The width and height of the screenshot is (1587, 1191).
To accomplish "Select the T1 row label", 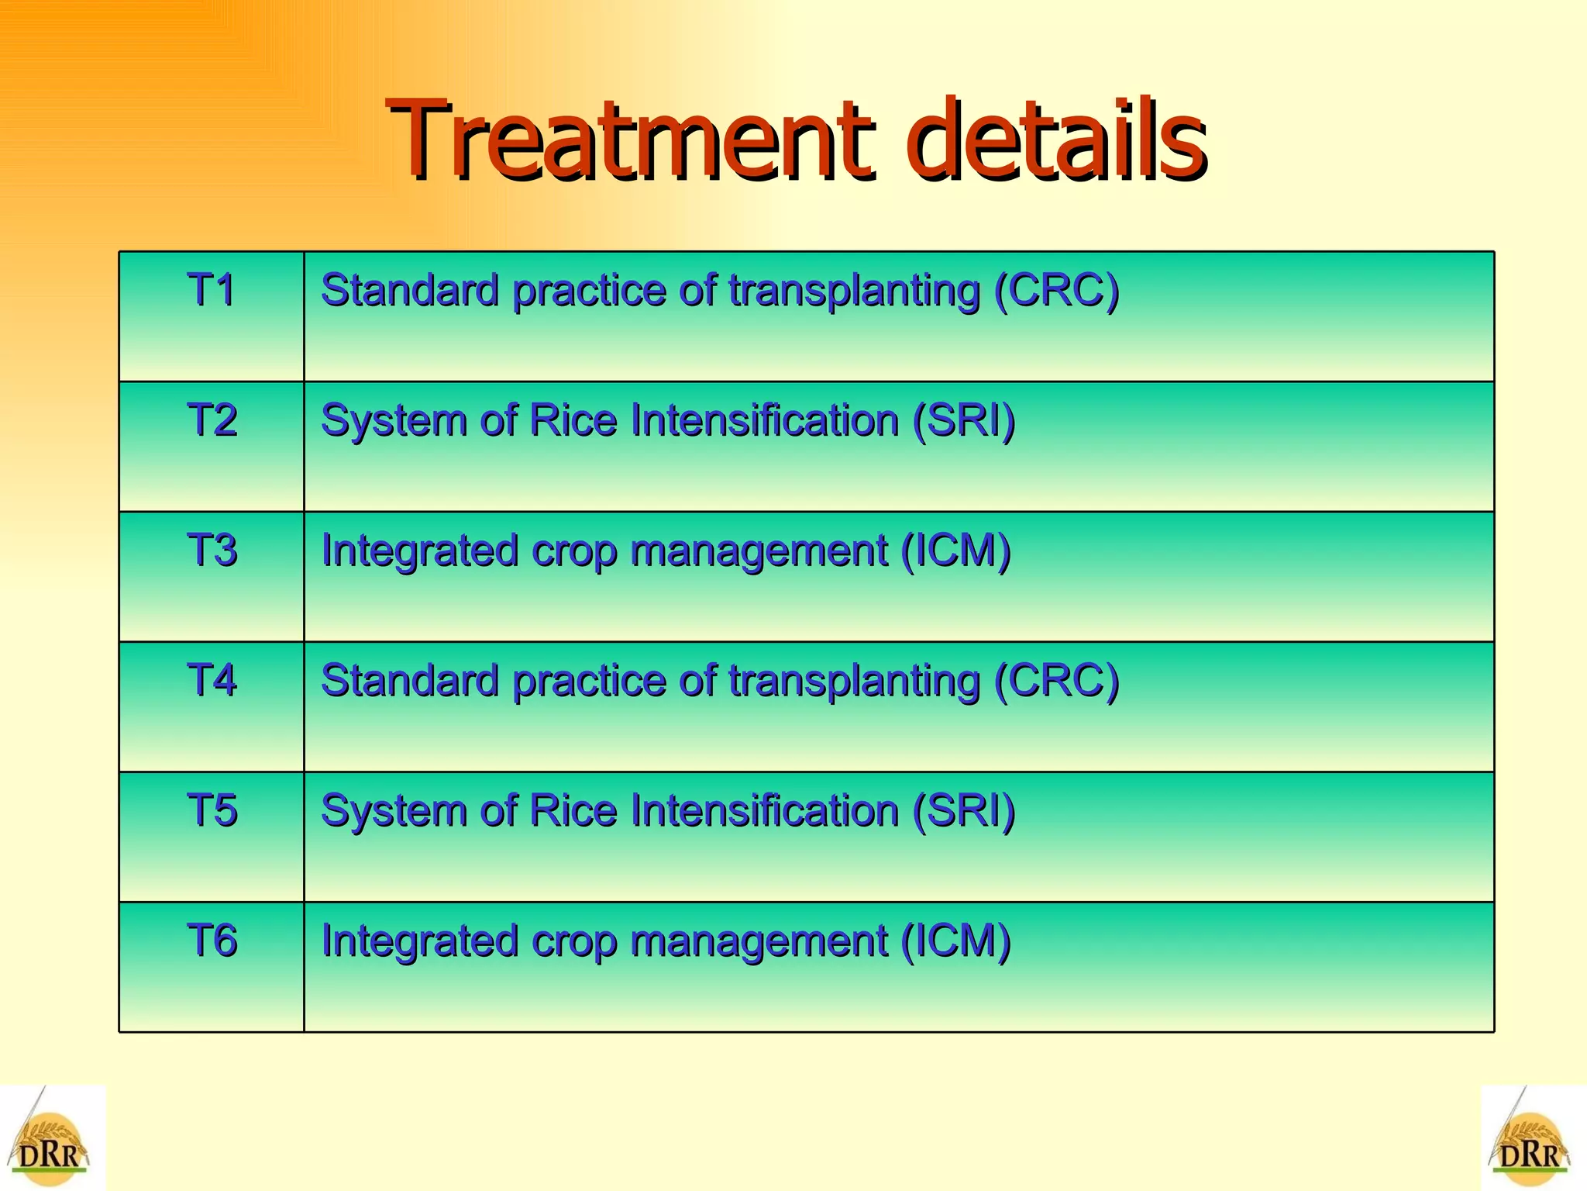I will (211, 291).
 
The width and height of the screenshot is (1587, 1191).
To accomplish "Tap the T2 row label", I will (211, 421).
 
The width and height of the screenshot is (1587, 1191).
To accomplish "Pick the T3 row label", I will (211, 551).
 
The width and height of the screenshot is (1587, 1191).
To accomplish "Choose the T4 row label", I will (211, 681).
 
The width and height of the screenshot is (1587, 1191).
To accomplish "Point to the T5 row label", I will (211, 811).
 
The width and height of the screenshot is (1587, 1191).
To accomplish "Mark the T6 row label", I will (211, 941).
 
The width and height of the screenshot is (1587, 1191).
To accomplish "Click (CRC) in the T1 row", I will (1057, 291).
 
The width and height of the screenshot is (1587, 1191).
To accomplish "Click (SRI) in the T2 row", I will (963, 421).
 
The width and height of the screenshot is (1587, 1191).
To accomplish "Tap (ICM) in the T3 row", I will (955, 551).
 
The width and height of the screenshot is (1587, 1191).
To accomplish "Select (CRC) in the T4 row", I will (1057, 681).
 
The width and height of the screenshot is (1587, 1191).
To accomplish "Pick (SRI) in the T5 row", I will (963, 811).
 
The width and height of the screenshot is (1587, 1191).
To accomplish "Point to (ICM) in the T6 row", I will (955, 941).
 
